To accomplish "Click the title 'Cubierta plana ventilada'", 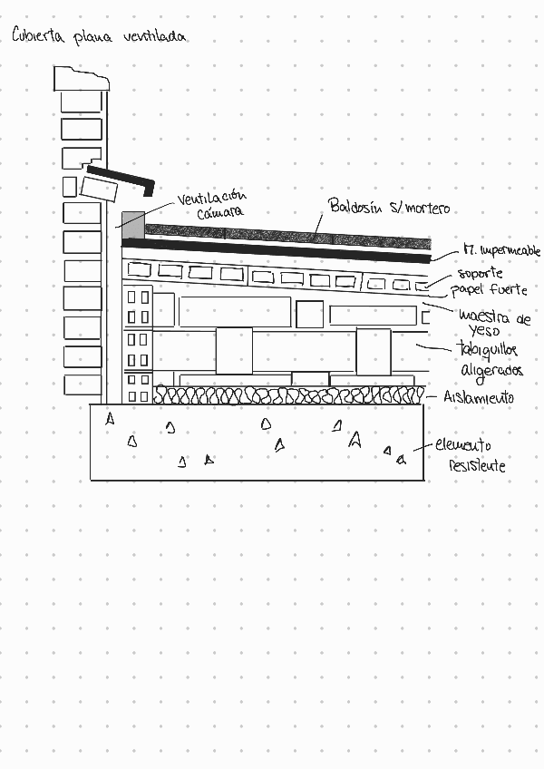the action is [x=99, y=36].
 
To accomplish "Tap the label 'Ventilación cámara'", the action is [x=212, y=204].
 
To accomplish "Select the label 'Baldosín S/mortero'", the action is [x=388, y=207].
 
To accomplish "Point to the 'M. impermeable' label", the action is [x=500, y=249].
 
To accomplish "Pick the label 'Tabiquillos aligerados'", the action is [x=490, y=360].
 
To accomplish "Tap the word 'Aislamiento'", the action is [x=479, y=398].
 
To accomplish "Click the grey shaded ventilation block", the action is [x=131, y=220].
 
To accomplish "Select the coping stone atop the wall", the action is [x=81, y=79].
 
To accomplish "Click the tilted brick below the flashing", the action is [x=100, y=189].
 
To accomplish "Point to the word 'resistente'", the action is [x=477, y=466].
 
